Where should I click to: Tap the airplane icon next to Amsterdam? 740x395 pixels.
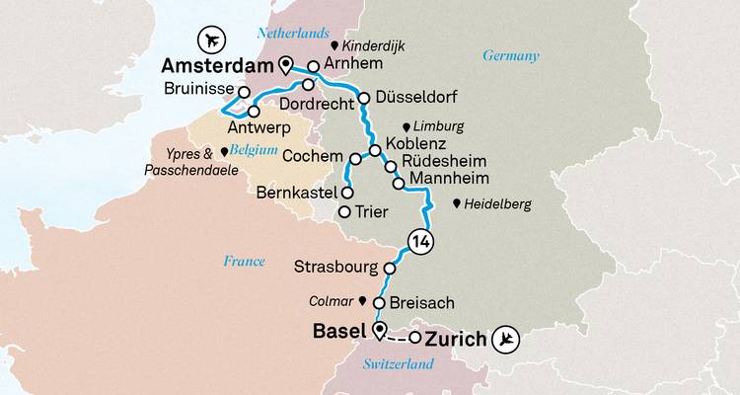(x=210, y=39)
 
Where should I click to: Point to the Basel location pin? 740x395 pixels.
(x=379, y=329)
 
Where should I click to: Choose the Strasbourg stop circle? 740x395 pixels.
(x=390, y=268)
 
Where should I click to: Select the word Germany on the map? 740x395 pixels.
(x=511, y=56)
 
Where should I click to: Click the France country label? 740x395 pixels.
(x=244, y=261)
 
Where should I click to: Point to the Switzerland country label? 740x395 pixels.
(x=400, y=364)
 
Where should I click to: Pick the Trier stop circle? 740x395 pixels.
(x=344, y=212)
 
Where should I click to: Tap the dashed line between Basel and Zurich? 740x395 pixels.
(x=397, y=337)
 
